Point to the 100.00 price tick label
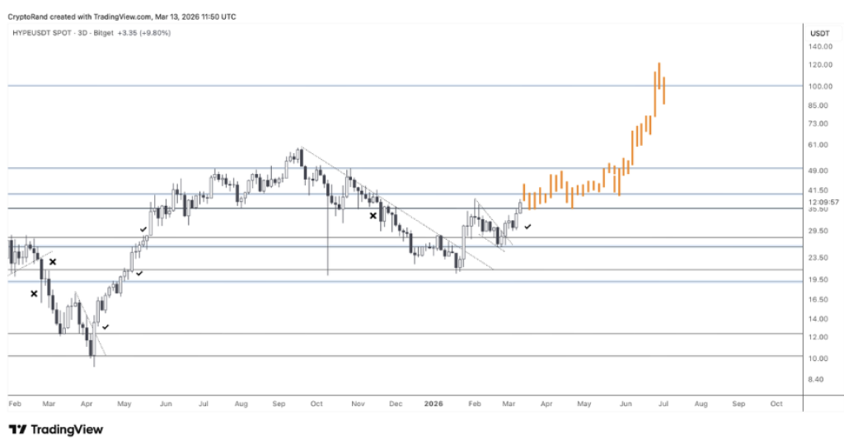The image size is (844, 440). click(x=819, y=86)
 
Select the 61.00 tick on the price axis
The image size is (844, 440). click(x=819, y=145)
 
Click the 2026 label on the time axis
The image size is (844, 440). click(x=434, y=405)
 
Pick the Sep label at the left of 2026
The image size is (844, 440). click(x=278, y=405)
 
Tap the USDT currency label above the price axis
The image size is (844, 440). click(x=819, y=33)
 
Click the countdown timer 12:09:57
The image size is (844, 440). click(x=823, y=202)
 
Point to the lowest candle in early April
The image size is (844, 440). click(x=93, y=350)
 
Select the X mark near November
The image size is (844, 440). click(x=373, y=216)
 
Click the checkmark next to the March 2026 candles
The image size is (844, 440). click(x=527, y=225)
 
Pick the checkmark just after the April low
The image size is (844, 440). click(x=105, y=327)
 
